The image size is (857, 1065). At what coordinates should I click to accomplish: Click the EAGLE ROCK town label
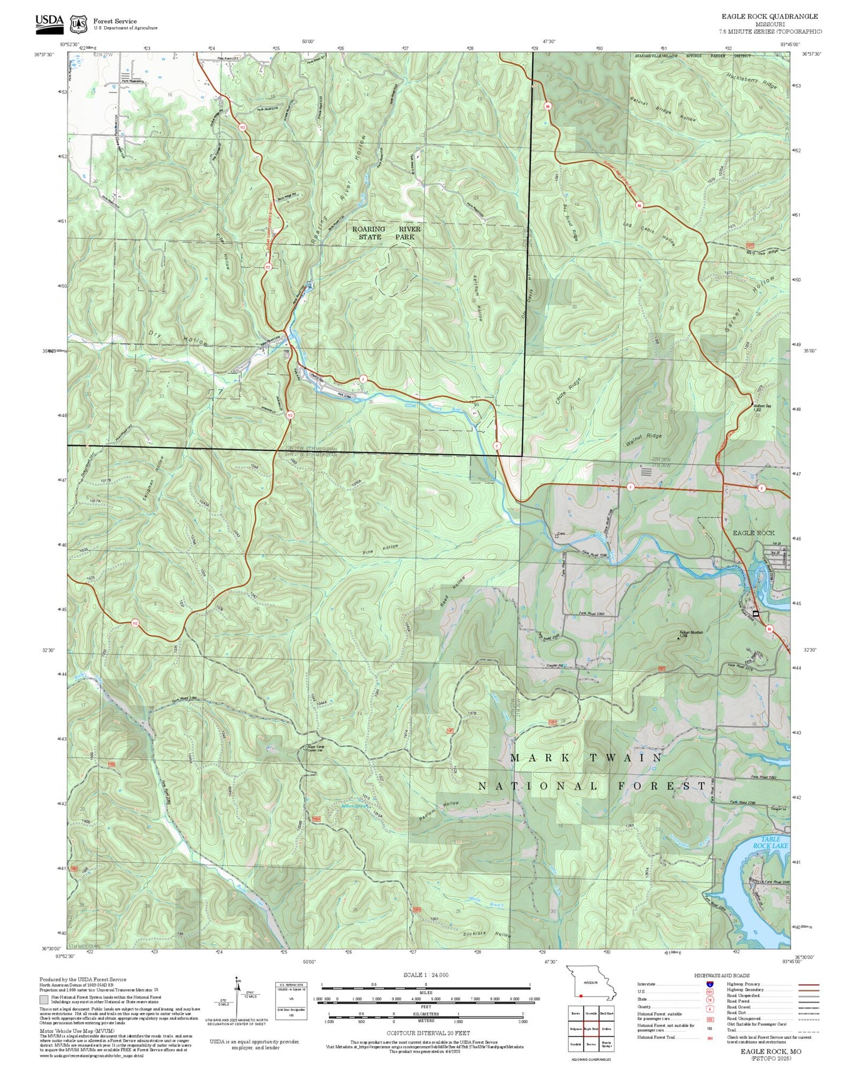pos(753,532)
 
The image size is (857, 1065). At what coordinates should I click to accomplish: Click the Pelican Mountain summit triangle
pos(679,639)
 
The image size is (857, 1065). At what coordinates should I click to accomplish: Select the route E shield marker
pos(762,488)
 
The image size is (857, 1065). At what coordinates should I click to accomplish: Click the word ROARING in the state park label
pos(368,229)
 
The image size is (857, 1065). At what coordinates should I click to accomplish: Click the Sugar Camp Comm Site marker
pos(305,748)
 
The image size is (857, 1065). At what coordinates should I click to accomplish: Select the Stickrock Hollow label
pos(486,934)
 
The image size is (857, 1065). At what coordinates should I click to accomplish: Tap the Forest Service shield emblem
pos(78,24)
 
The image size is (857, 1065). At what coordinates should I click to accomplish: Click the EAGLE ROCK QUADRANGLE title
pos(770,17)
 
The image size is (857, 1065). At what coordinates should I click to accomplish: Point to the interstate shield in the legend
pos(710,984)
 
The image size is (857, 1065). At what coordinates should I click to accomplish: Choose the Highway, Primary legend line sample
pos(808,984)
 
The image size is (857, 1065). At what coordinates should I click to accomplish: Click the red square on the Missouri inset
pos(582,996)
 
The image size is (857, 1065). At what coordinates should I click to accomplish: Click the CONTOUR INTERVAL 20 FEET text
pos(425,1033)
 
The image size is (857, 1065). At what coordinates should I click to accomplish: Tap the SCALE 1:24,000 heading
pos(425,975)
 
